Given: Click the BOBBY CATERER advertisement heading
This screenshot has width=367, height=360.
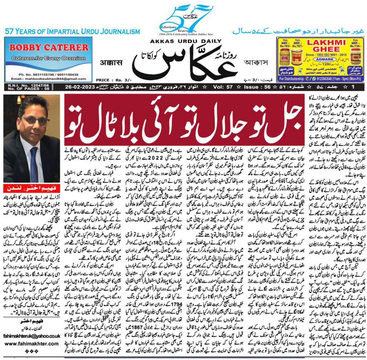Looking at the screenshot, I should click(49, 47).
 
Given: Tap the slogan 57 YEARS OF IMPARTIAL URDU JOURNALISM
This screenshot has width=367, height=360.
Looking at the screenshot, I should click(72, 31).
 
